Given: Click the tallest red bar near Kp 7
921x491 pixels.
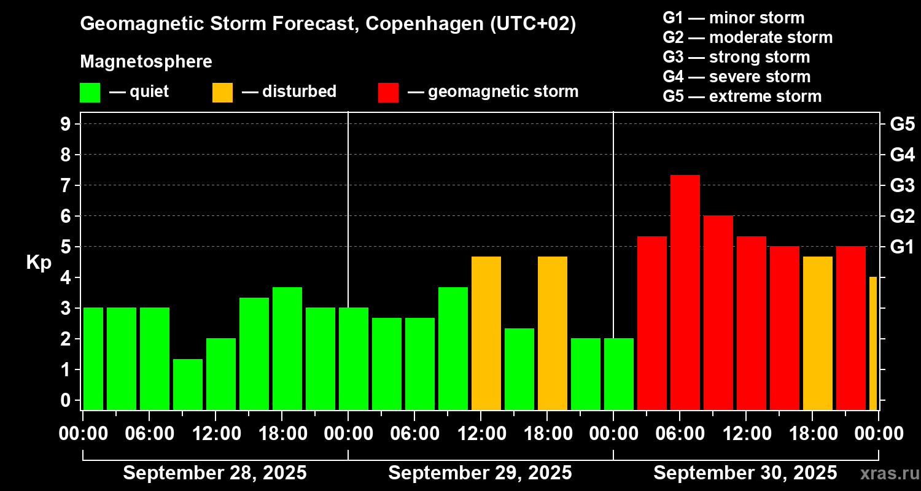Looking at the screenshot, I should pyautogui.click(x=685, y=292).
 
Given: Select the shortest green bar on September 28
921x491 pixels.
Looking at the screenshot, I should pyautogui.click(x=188, y=384).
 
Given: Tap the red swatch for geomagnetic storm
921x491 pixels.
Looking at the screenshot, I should pyautogui.click(x=389, y=92).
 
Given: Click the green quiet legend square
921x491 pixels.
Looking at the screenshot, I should pyautogui.click(x=90, y=92).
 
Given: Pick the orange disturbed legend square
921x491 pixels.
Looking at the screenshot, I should pyautogui.click(x=222, y=92).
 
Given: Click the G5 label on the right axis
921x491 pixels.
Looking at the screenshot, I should pyautogui.click(x=902, y=124).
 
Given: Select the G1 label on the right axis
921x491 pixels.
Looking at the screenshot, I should pyautogui.click(x=902, y=247).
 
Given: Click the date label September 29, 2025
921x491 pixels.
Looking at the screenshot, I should pyautogui.click(x=480, y=473).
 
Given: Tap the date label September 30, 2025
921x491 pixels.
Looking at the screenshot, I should pyautogui.click(x=745, y=473).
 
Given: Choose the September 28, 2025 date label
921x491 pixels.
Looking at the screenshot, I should pyautogui.click(x=215, y=473).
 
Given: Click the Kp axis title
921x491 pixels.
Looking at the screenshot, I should pyautogui.click(x=39, y=262).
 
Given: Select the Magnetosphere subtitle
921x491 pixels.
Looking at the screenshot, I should pyautogui.click(x=146, y=62).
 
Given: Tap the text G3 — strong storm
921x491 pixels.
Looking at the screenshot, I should pyautogui.click(x=736, y=57).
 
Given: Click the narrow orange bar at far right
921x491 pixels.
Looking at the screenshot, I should pyautogui.click(x=873, y=344).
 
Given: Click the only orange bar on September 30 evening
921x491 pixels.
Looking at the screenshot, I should pyautogui.click(x=818, y=333).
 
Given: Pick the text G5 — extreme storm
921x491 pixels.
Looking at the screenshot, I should pyautogui.click(x=742, y=96).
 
